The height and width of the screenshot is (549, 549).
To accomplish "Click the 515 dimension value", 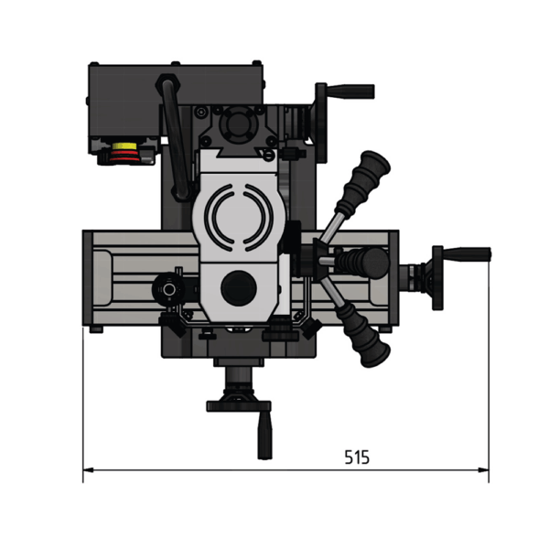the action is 357,457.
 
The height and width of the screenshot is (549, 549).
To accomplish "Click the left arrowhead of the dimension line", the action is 88,470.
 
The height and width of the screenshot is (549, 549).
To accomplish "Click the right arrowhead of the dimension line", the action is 483,470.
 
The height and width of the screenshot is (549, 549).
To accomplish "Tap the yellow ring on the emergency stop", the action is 124,145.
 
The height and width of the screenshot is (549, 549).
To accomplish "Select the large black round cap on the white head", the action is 239,288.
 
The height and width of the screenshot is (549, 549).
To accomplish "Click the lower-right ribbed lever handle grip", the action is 364,334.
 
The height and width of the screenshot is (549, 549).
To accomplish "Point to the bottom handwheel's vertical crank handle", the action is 264,436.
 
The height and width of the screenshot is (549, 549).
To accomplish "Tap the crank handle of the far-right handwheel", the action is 467,253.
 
